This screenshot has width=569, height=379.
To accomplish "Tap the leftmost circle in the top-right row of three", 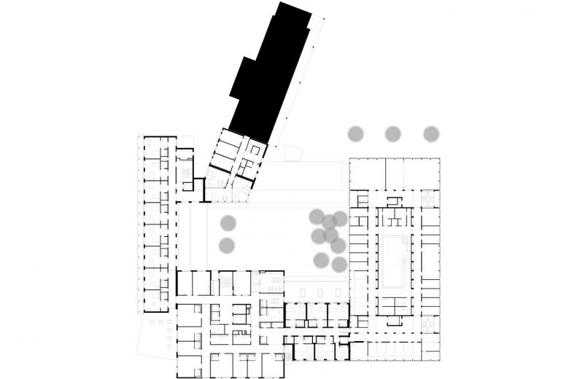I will [x=355, y=133].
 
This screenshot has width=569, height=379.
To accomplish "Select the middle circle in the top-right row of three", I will [x=393, y=133].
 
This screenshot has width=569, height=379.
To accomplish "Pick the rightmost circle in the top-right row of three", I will [x=431, y=133].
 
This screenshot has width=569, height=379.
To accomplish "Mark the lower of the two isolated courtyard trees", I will [x=228, y=246].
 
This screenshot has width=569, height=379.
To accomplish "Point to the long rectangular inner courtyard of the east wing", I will [x=393, y=262].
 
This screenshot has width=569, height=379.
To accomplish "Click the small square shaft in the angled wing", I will [x=255, y=149].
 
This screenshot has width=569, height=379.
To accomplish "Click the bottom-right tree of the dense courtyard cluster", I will [x=338, y=264].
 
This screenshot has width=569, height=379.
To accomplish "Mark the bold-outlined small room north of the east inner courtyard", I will [x=393, y=201].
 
